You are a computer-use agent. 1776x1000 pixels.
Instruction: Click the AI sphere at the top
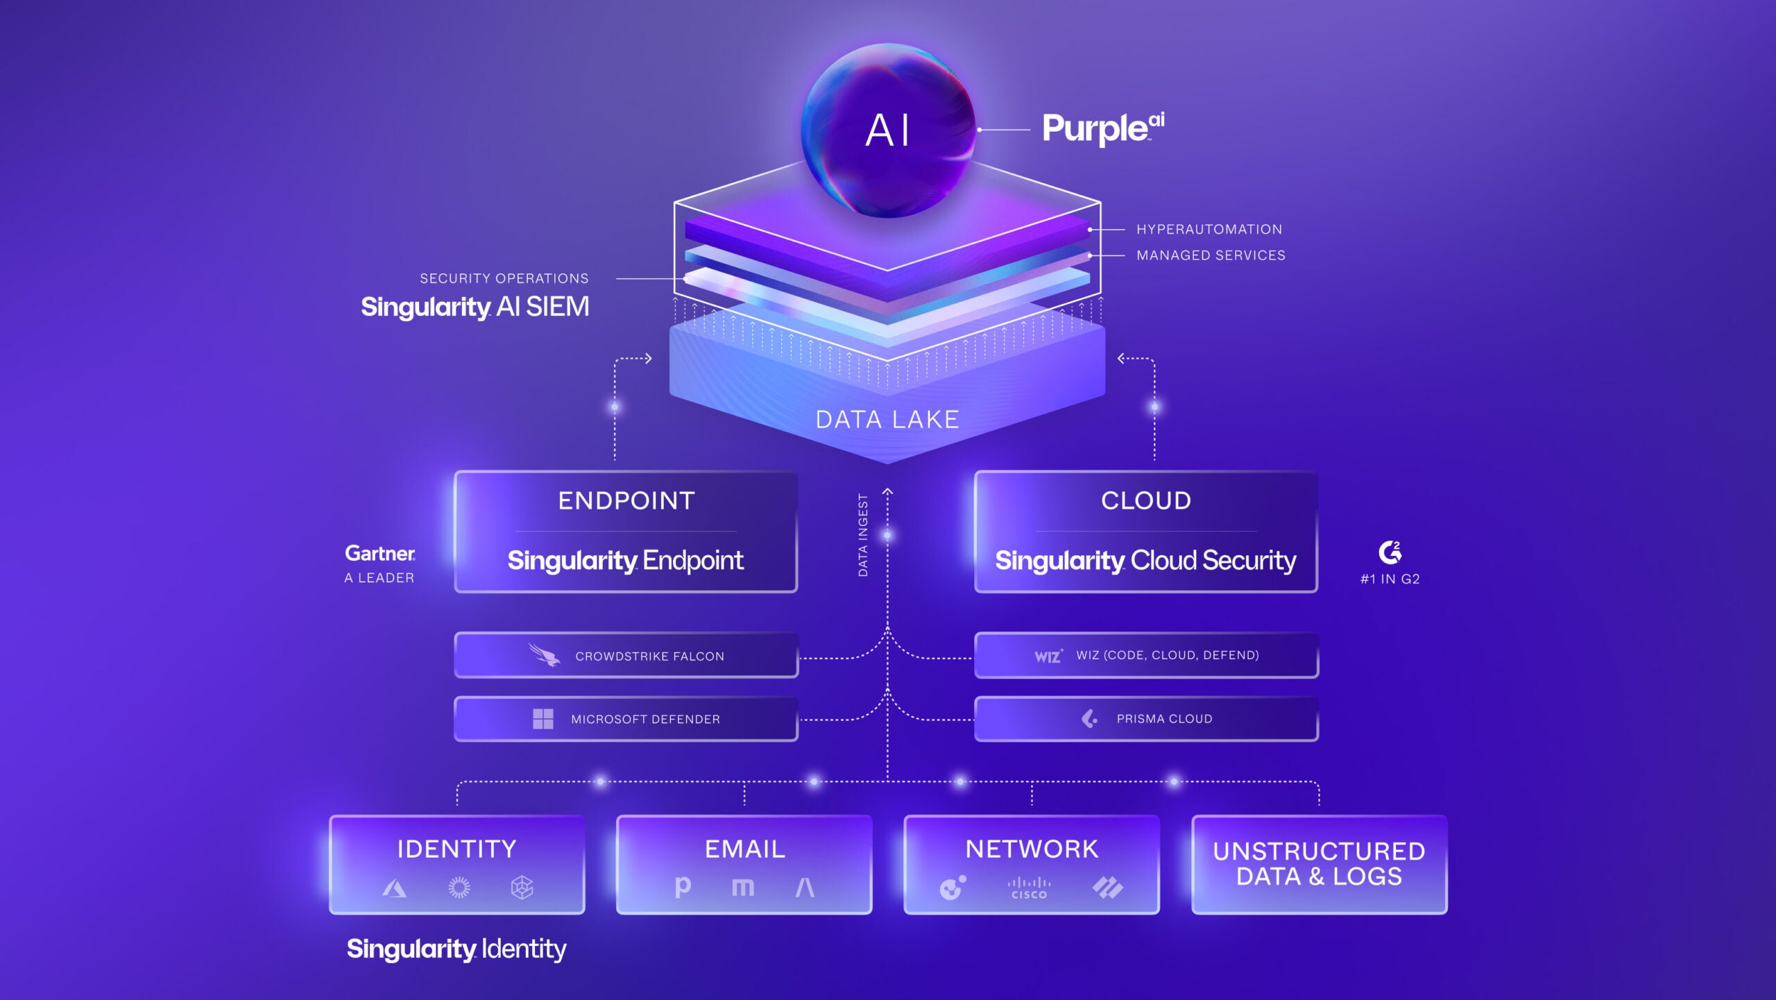click(x=888, y=130)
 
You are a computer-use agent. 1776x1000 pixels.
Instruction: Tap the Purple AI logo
click(x=1102, y=128)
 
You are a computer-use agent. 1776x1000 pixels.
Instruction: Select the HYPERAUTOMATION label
click(x=1209, y=229)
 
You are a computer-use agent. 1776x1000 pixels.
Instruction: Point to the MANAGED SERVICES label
click(x=1211, y=255)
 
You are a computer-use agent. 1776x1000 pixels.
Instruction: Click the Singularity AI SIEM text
click(x=475, y=307)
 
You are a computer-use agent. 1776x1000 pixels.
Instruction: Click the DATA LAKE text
click(x=887, y=419)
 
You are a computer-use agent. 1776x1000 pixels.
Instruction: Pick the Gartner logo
click(x=380, y=553)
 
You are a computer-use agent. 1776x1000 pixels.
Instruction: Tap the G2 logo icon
click(x=1390, y=552)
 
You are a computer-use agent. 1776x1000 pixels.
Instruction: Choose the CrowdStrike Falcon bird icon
click(x=544, y=655)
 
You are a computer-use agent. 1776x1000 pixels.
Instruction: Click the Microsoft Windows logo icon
click(x=543, y=719)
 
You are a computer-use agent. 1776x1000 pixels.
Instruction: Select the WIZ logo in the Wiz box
click(x=1048, y=656)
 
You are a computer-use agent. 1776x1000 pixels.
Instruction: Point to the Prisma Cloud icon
click(x=1090, y=719)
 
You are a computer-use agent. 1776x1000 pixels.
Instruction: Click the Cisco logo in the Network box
click(x=1029, y=888)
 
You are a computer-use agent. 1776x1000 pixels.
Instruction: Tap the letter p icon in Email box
click(x=683, y=887)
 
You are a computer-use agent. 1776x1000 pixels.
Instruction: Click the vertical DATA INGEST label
click(x=863, y=535)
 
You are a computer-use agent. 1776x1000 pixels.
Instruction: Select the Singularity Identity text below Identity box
click(x=456, y=949)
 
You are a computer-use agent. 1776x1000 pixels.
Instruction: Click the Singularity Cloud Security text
click(x=1145, y=561)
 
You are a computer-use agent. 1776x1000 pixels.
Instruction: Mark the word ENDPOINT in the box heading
click(x=626, y=500)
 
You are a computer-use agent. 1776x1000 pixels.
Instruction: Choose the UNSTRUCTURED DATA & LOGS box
click(x=1319, y=864)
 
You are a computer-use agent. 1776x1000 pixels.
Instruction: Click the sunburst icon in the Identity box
click(x=459, y=887)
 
